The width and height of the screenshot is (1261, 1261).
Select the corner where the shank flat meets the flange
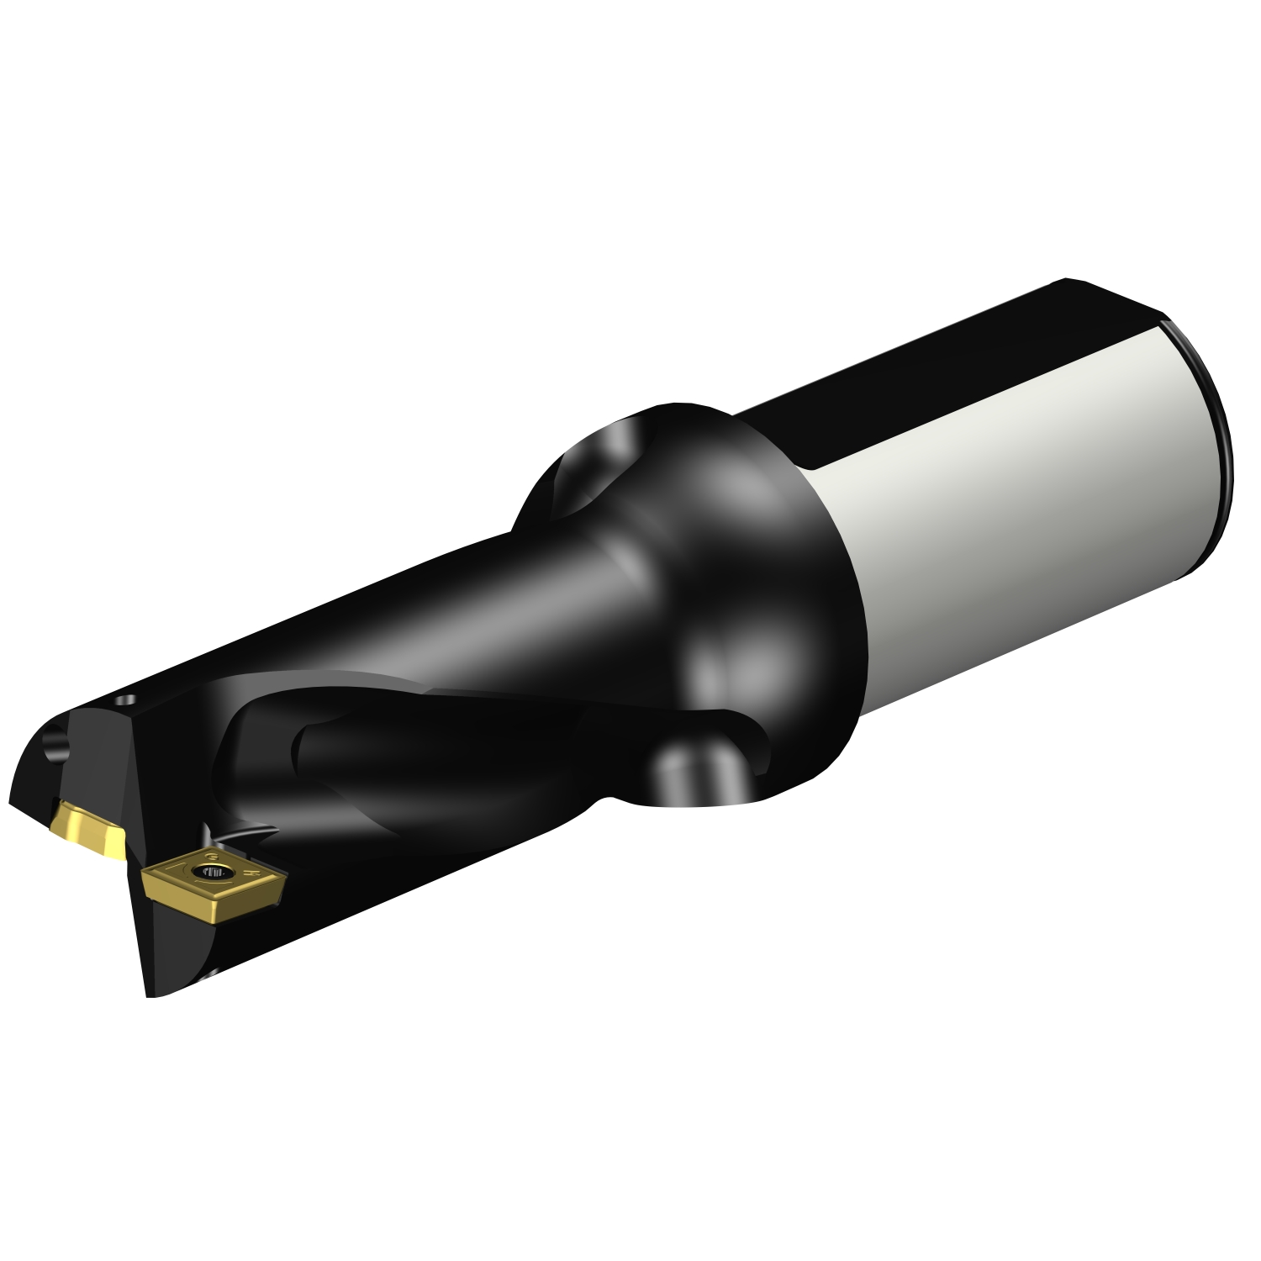811,468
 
